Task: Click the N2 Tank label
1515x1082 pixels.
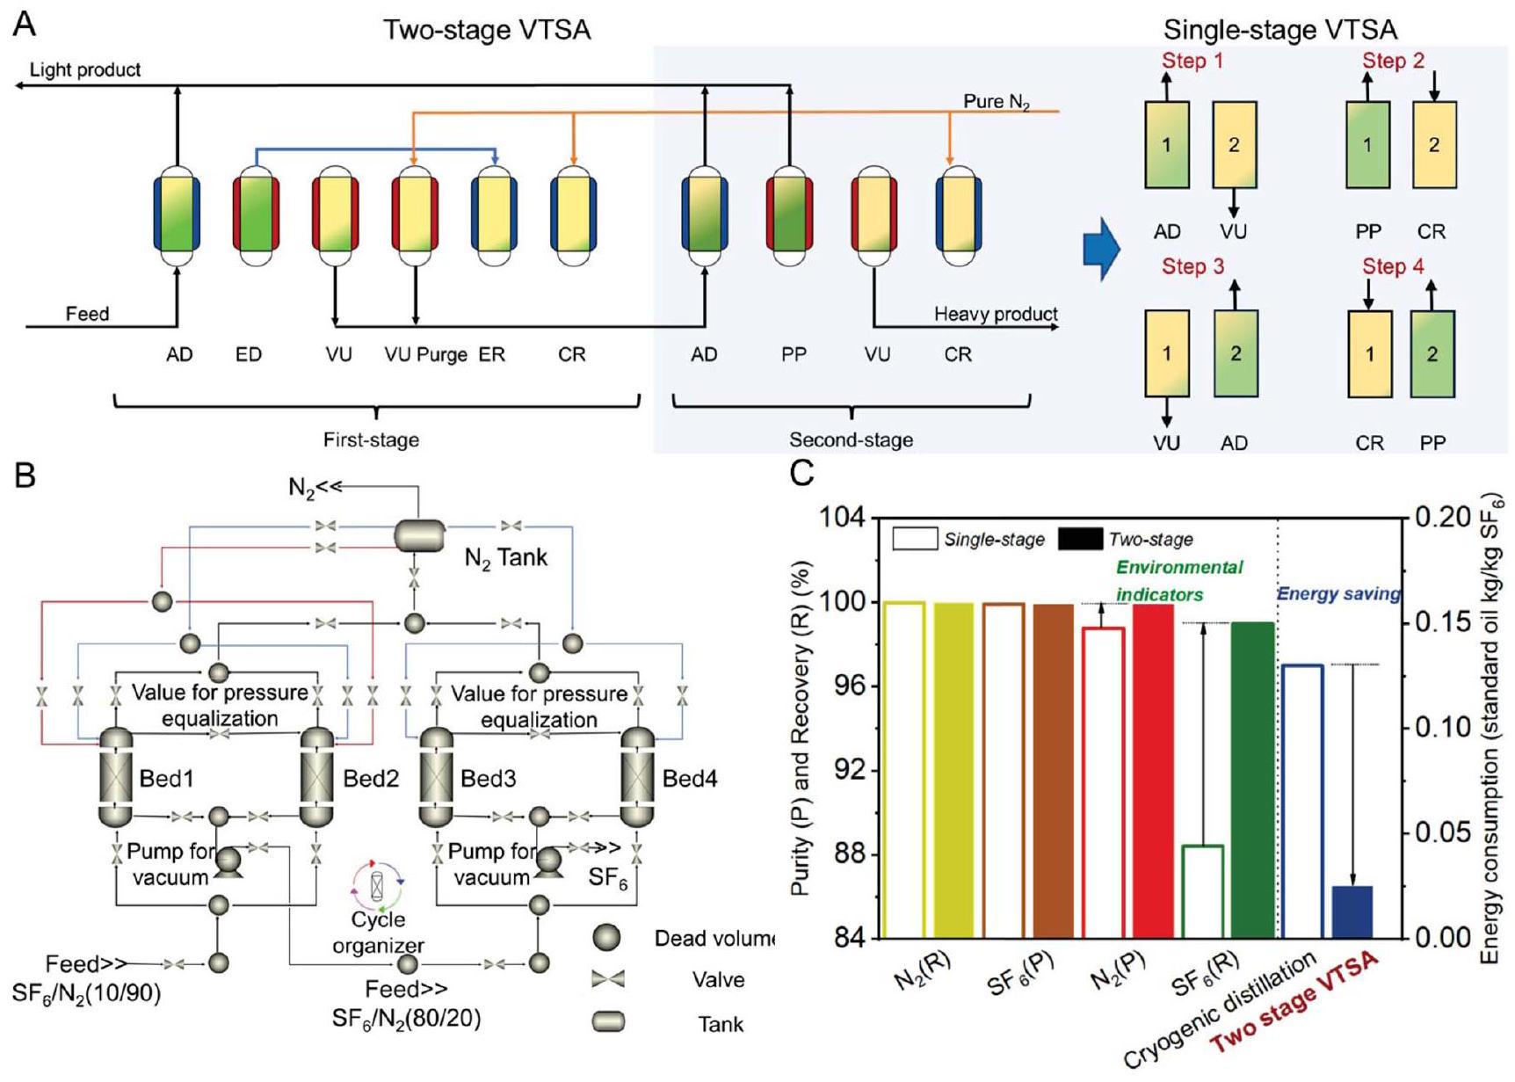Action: [x=505, y=557]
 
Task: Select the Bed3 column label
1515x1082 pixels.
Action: [x=488, y=779]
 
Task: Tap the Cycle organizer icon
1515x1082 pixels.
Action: [x=378, y=885]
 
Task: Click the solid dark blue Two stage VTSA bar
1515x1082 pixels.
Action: [x=1352, y=911]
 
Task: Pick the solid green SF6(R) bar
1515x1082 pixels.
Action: [x=1252, y=780]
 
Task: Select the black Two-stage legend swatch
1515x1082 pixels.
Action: [x=1080, y=539]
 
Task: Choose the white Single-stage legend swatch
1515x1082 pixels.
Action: [x=915, y=539]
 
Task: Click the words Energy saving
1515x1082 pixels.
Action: [x=1337, y=594]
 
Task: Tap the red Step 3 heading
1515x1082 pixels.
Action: [x=1192, y=266]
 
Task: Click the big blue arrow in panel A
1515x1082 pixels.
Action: [x=1102, y=249]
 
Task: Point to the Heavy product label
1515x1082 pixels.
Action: [x=995, y=314]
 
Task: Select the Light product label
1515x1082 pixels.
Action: [x=85, y=69]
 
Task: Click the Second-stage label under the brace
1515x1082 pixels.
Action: [x=851, y=439]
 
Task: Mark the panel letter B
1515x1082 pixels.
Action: [x=25, y=476]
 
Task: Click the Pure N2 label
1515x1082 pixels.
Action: [x=996, y=102]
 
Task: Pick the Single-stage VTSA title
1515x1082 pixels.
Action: [x=1279, y=30]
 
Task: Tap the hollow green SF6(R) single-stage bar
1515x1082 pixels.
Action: [x=1203, y=891]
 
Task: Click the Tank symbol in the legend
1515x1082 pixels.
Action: [x=608, y=1021]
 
